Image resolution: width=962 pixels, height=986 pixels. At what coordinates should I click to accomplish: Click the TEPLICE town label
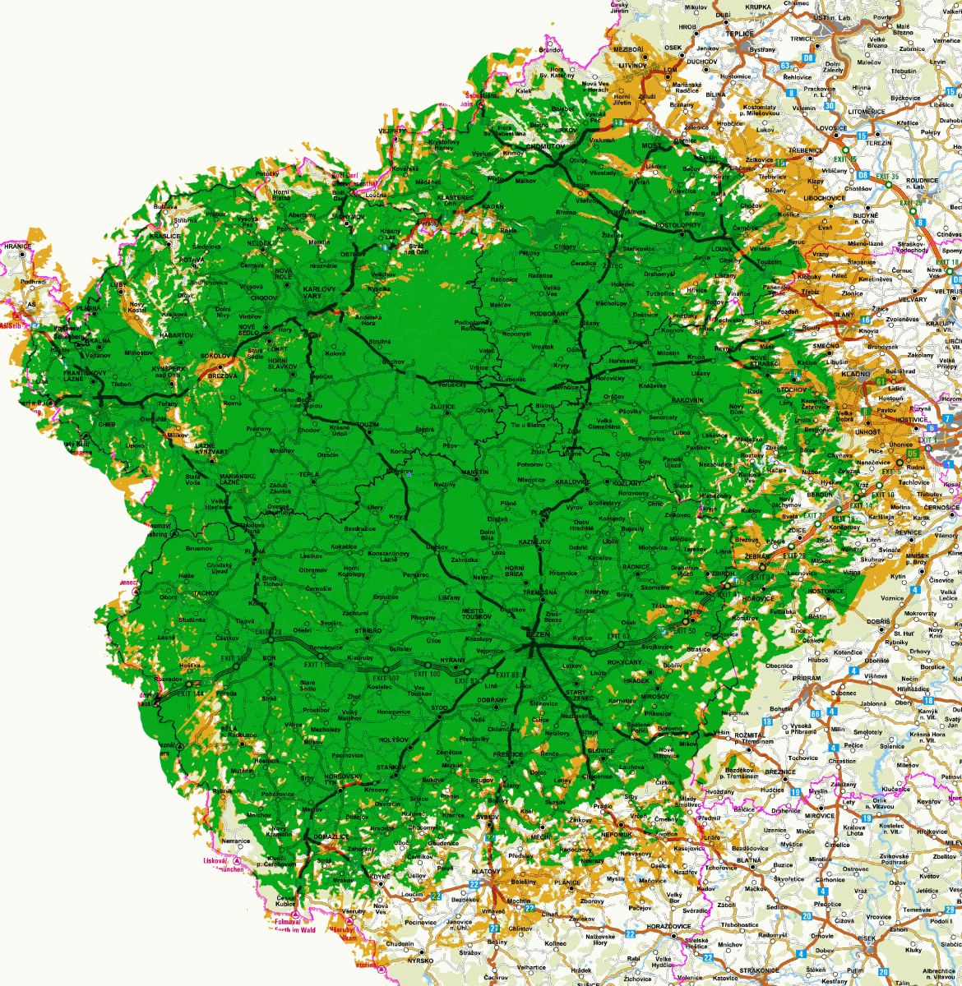(x=739, y=34)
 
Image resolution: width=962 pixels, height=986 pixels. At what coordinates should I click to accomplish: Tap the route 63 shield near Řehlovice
(x=784, y=66)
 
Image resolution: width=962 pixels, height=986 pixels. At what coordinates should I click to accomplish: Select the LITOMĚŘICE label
(x=866, y=112)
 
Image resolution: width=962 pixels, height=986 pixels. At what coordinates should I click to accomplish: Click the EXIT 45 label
(x=845, y=159)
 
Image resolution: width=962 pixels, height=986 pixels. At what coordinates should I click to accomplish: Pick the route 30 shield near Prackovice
(x=830, y=105)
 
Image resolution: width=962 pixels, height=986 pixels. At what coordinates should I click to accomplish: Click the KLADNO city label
(x=855, y=374)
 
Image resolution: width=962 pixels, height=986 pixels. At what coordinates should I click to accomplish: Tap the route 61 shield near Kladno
(x=881, y=380)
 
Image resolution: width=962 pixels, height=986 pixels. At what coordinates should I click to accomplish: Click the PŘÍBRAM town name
(x=807, y=678)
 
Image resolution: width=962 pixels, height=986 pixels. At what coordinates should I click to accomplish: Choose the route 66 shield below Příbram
(x=816, y=713)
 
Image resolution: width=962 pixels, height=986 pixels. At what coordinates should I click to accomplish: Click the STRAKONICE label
(x=758, y=970)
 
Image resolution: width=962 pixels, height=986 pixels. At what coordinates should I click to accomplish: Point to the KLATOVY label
(x=486, y=871)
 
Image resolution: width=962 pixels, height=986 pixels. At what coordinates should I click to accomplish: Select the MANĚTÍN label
(x=474, y=472)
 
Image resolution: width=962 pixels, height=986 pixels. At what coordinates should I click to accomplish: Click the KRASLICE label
(x=164, y=236)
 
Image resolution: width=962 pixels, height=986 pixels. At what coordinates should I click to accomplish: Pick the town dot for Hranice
(x=17, y=253)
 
